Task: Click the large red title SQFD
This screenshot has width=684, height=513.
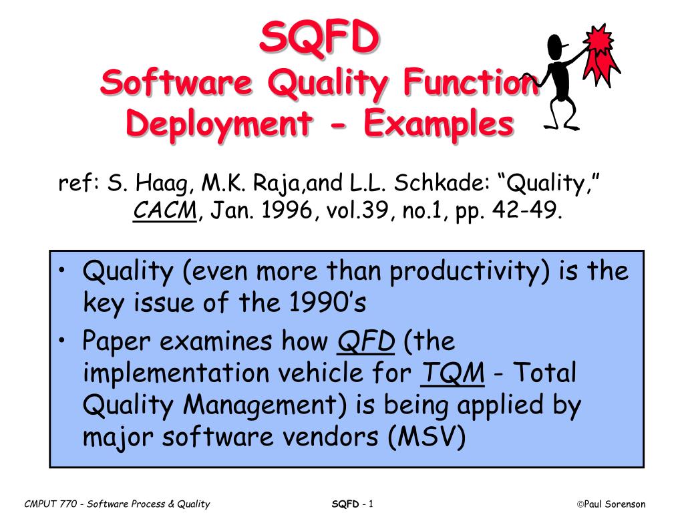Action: coord(319,37)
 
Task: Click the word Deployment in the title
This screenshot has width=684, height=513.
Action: coord(219,123)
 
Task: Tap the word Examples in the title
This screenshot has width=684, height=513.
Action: coord(439,123)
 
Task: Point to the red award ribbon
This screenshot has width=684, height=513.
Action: coord(601,54)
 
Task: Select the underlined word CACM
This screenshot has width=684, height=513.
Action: coord(165,210)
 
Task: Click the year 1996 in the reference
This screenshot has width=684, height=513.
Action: coord(287,210)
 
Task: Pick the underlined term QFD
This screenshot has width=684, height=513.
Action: coord(366,341)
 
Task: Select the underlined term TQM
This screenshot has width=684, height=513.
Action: coord(452,373)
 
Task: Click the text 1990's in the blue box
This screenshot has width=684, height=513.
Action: coord(327,302)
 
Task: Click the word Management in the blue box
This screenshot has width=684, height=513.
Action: coord(265,405)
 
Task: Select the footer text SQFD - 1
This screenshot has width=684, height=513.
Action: coord(353,504)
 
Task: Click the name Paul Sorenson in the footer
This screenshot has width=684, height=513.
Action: coord(615,504)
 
